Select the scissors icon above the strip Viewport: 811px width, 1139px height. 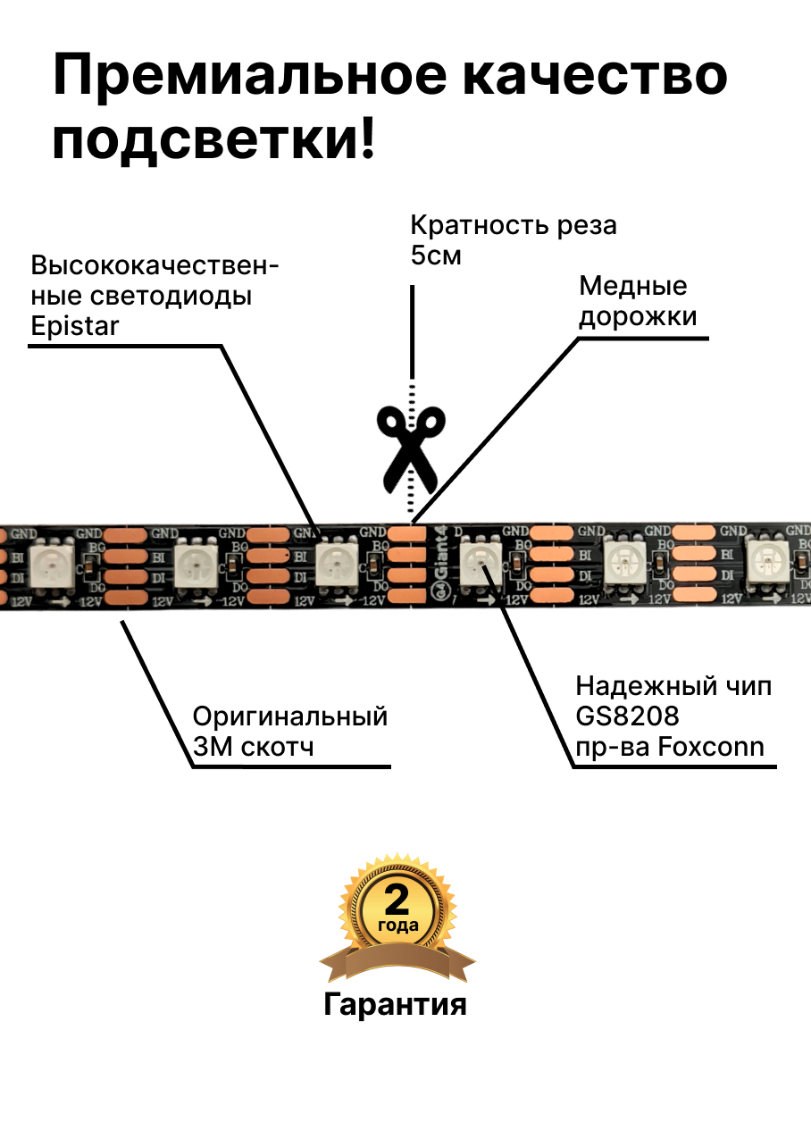click(410, 447)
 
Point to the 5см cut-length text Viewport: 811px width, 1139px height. click(436, 255)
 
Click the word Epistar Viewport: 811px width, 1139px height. click(74, 326)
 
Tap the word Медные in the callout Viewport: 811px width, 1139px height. click(633, 286)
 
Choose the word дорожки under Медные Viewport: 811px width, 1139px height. click(638, 317)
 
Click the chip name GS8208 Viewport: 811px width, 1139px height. click(627, 716)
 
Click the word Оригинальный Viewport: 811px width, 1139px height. click(290, 716)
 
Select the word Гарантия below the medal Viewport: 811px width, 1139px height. click(395, 1004)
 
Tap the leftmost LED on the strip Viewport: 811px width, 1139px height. click(53, 565)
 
